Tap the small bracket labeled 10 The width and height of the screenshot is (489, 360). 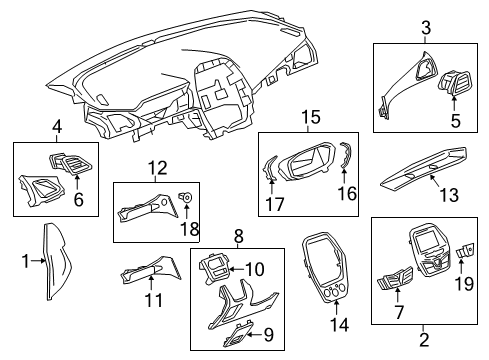coord(215,265)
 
